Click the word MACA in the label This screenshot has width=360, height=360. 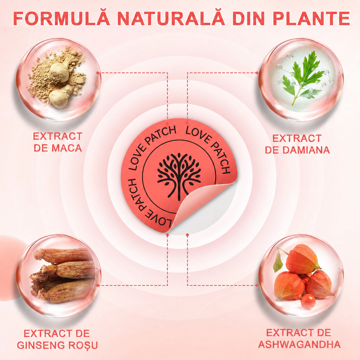tap(67, 148)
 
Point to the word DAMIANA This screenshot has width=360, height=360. tap(306, 150)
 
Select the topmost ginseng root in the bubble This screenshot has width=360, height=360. tap(63, 256)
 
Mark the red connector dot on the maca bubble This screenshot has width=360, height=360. tap(98, 73)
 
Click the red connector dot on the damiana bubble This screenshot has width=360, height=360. tap(257, 73)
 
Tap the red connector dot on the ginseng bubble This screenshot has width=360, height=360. tap(98, 285)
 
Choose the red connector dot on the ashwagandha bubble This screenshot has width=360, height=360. tap(257, 285)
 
